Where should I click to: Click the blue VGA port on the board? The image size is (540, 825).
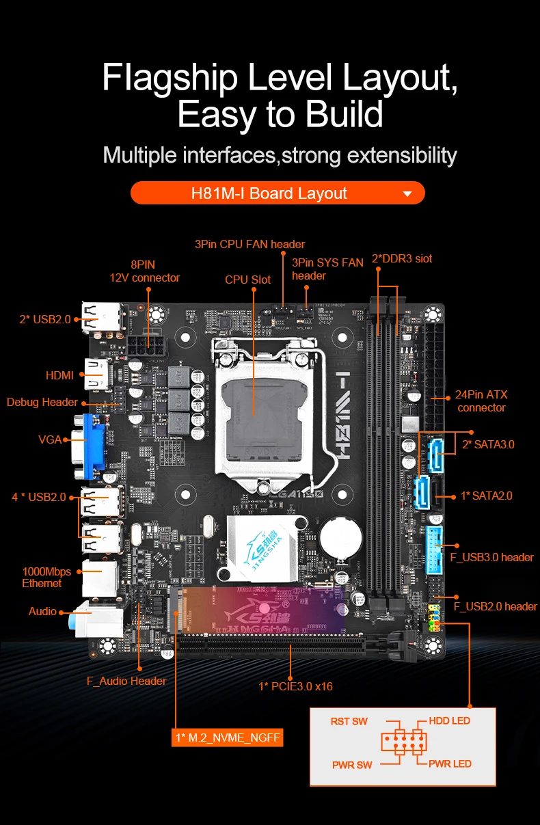(94, 442)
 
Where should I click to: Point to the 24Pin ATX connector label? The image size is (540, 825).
(482, 401)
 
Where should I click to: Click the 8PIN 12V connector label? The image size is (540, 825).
(144, 271)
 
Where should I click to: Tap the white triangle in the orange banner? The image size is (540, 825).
(407, 194)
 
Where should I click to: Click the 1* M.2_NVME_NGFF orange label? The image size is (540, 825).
(228, 738)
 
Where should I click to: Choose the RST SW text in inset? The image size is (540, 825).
(349, 721)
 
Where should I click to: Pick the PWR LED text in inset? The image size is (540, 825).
(450, 763)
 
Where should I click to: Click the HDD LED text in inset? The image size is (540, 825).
(449, 720)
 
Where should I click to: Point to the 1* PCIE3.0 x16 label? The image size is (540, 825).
(295, 686)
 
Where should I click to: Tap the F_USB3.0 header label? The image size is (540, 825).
(491, 557)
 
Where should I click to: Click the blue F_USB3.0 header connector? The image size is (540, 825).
(434, 547)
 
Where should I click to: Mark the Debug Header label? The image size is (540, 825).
(42, 402)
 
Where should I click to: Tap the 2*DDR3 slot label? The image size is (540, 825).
(402, 258)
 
